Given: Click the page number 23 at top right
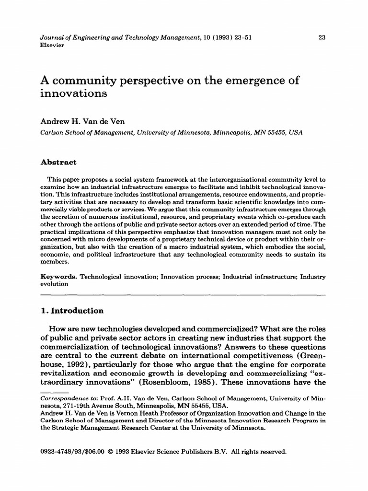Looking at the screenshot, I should [322, 38].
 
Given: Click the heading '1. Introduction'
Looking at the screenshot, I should [72, 311].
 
